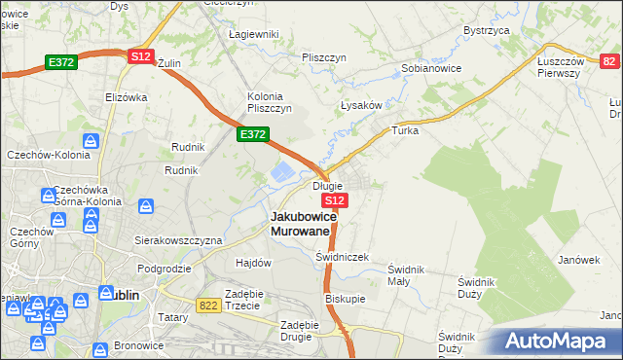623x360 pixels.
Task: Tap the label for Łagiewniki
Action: [253, 34]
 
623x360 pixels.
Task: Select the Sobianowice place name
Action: [431, 69]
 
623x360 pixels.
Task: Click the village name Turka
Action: [404, 129]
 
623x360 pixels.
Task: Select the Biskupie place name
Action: [345, 299]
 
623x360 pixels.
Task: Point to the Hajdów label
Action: [253, 263]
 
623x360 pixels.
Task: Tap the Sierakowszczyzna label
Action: [178, 239]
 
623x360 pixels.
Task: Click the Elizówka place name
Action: [126, 97]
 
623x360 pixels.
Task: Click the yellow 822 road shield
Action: [207, 305]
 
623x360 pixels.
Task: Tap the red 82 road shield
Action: [608, 61]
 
